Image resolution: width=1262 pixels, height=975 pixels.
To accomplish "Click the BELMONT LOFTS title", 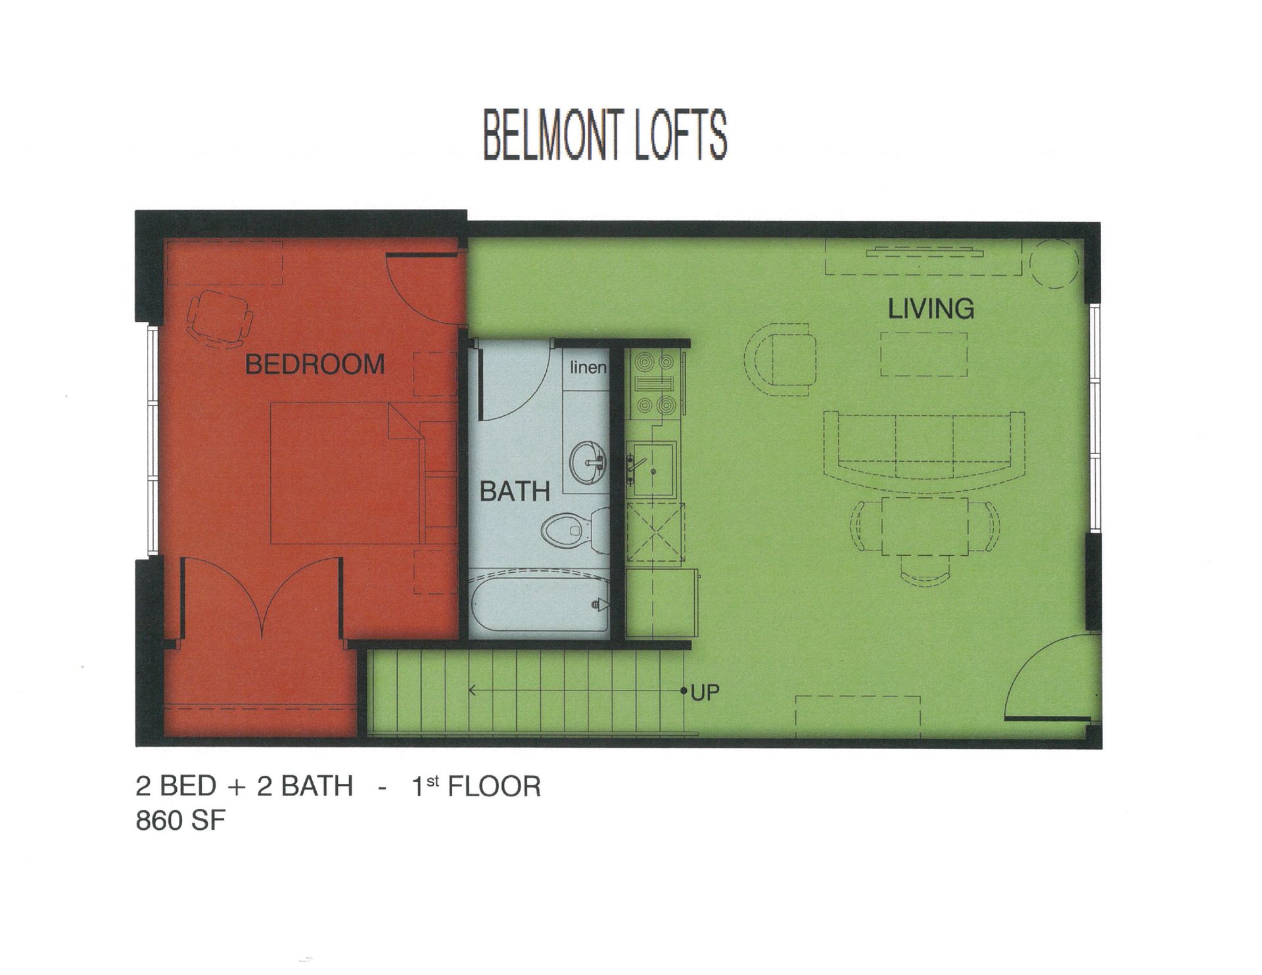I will (605, 136).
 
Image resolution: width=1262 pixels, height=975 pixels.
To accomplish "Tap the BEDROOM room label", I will (315, 364).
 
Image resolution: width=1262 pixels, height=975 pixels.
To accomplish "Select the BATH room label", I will (515, 491).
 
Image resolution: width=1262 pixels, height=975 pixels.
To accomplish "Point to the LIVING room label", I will (931, 309).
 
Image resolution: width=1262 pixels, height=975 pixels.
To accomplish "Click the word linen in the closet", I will (588, 367).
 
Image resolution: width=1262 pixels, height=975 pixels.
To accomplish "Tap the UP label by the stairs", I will (705, 692).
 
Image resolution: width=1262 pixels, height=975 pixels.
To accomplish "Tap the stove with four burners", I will (653, 384).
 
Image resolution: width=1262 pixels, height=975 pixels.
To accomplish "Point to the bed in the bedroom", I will (345, 473).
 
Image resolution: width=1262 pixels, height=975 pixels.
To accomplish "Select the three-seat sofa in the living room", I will (924, 450).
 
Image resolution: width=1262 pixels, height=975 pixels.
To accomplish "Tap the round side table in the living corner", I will (1054, 263).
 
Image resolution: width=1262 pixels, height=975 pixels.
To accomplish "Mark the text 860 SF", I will (181, 821).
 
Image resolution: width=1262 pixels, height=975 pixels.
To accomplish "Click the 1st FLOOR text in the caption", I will (476, 786).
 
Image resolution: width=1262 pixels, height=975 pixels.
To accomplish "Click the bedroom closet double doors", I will (262, 598).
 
